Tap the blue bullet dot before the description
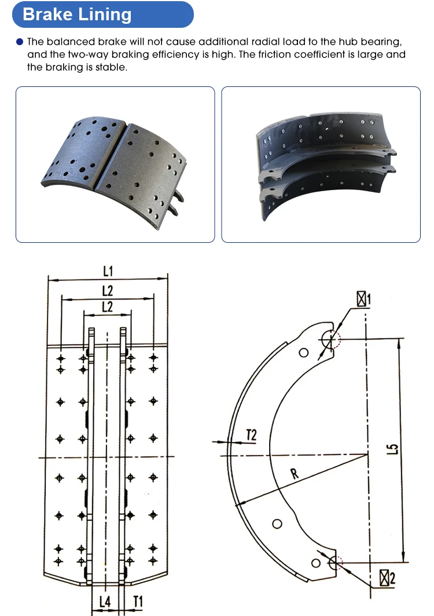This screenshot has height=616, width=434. click(x=20, y=42)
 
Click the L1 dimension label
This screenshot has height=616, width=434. click(x=108, y=271)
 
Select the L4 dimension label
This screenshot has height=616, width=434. click(x=105, y=602)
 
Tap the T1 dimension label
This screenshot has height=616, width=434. click(x=138, y=602)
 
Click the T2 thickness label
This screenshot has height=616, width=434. click(x=251, y=435)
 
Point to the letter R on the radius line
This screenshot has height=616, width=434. click(x=295, y=474)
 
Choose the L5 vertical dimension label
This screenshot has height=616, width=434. click(x=392, y=448)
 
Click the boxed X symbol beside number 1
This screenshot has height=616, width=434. click(x=362, y=299)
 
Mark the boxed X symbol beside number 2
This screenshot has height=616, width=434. click(x=384, y=578)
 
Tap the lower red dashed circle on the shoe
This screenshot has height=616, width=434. click(x=336, y=562)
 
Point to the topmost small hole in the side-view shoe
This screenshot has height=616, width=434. click(x=303, y=353)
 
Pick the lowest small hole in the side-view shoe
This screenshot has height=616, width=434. click(x=315, y=563)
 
